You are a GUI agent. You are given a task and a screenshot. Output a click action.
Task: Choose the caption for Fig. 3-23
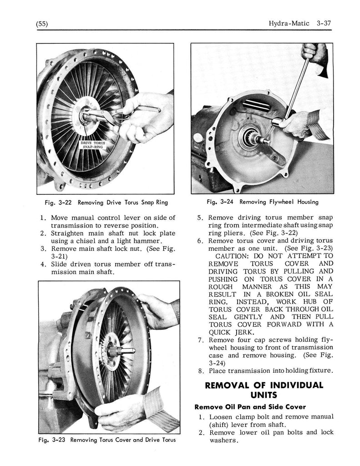point(107,440)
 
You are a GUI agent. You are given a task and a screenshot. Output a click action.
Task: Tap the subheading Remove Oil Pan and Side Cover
point(250,406)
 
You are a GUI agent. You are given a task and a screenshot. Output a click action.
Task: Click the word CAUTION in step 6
point(232,256)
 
